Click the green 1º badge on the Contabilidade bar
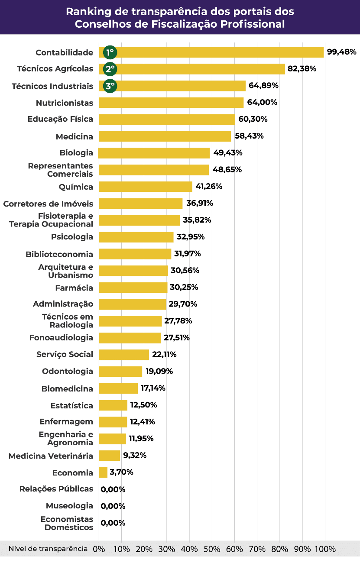pyautogui.click(x=110, y=52)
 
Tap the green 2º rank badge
pyautogui.click(x=110, y=69)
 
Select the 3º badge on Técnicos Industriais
pyautogui.click(x=110, y=86)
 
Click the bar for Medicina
pyautogui.click(x=165, y=136)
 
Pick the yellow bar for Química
pyautogui.click(x=146, y=187)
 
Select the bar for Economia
pyautogui.click(x=103, y=472)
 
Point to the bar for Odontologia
pyautogui.click(x=120, y=371)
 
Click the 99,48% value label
pyautogui.click(x=342, y=52)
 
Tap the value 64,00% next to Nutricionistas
pyautogui.click(x=263, y=103)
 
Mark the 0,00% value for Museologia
pyautogui.click(x=113, y=506)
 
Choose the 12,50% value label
pyautogui.click(x=143, y=405)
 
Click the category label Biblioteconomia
pyautogui.click(x=59, y=254)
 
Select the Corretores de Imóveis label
pyautogui.click(x=48, y=204)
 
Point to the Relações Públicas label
pyautogui.click(x=56, y=489)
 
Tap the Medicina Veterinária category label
pyautogui.click(x=51, y=456)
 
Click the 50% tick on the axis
pyautogui.click(x=212, y=549)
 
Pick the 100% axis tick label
pyautogui.click(x=325, y=549)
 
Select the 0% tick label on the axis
pyautogui.click(x=99, y=549)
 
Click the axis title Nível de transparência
pyautogui.click(x=48, y=549)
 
